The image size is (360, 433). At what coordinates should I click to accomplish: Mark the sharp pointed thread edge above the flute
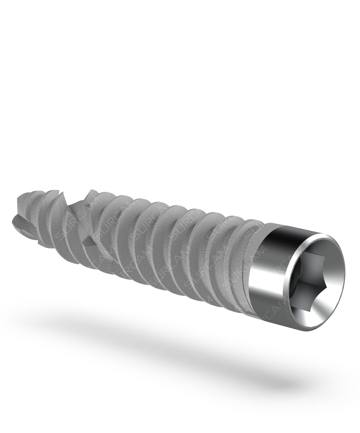pyautogui.click(x=89, y=192)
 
